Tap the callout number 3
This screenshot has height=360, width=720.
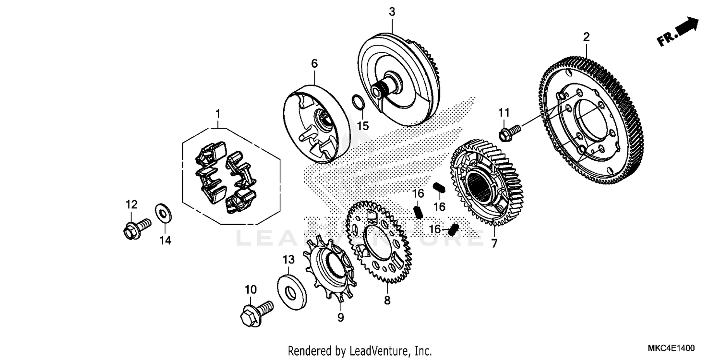[x=392, y=12]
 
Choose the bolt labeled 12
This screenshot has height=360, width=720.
[x=136, y=228]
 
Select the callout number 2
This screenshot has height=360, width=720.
[x=586, y=36]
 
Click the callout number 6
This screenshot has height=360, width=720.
[x=314, y=63]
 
